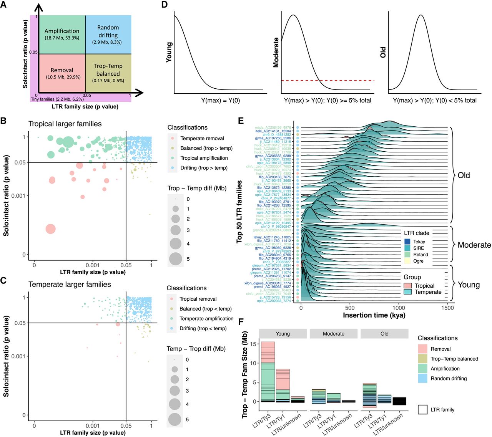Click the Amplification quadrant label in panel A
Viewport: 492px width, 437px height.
click(62, 31)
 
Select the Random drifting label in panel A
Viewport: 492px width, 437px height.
click(108, 31)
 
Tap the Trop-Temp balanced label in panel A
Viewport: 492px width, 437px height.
click(108, 70)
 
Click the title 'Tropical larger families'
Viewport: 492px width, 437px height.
click(65, 124)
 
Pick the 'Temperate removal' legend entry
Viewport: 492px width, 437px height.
click(202, 138)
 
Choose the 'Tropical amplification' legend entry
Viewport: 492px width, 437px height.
click(204, 158)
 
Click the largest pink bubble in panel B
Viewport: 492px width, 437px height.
click(50, 229)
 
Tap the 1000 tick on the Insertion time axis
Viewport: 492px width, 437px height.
click(399, 308)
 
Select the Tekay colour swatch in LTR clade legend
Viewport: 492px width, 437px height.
click(407, 242)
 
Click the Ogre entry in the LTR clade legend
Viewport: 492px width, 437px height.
click(418, 261)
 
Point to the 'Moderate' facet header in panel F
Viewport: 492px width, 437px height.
click(334, 334)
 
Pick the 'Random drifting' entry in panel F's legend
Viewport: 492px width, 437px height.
click(449, 378)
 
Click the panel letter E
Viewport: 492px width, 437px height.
click(241, 121)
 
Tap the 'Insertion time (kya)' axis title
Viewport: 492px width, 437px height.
click(374, 315)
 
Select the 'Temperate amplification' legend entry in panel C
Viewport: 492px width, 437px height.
click(206, 318)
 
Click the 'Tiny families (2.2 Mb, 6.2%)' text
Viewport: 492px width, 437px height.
click(57, 99)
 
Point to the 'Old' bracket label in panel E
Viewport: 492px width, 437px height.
click(464, 175)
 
